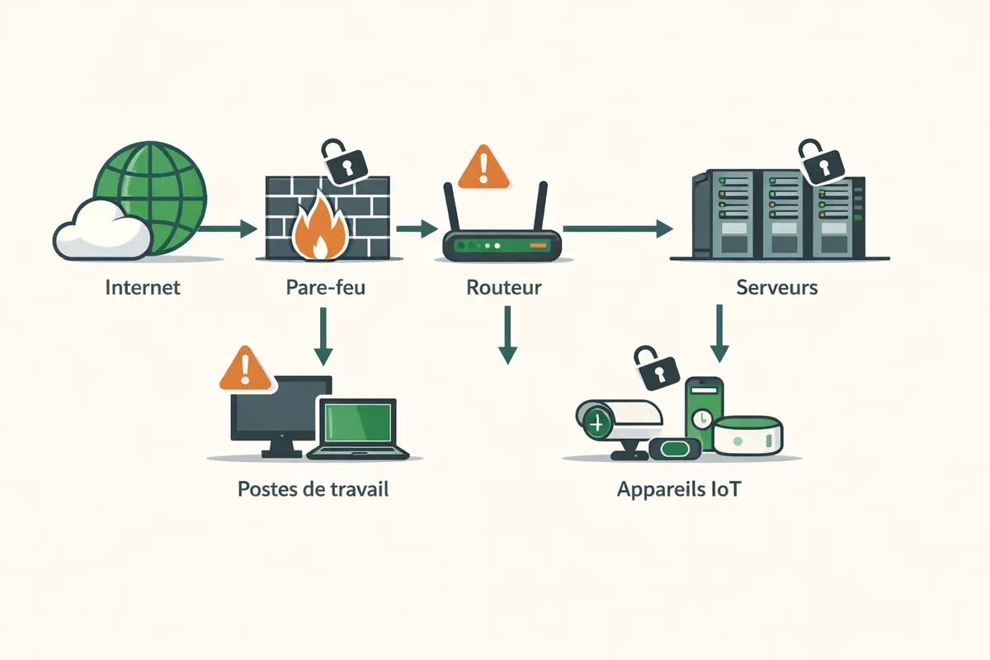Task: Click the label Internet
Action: tap(143, 288)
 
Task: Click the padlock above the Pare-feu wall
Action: tap(342, 161)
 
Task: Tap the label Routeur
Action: tap(503, 288)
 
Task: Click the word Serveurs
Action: tap(777, 288)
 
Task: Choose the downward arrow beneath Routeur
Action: tap(507, 335)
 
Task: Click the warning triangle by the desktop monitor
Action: tap(245, 369)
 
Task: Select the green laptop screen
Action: tap(357, 422)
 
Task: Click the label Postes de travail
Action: tap(313, 488)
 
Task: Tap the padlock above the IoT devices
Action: tap(656, 368)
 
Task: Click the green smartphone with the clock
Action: tap(704, 412)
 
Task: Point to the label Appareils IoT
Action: tap(678, 488)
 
